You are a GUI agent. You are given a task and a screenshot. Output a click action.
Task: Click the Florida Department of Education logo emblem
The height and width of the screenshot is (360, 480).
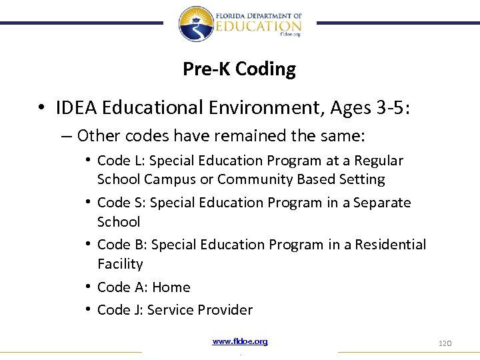(195, 23)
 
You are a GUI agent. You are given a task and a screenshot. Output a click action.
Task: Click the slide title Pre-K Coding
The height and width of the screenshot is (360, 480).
(239, 69)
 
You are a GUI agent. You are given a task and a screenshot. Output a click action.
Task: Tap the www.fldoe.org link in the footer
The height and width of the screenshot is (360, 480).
(240, 341)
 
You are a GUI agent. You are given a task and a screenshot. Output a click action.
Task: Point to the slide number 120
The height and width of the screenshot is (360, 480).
(445, 343)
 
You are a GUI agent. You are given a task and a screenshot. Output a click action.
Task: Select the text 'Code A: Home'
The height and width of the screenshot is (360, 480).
(143, 287)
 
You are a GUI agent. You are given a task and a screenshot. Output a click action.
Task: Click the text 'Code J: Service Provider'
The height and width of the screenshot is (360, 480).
(175, 310)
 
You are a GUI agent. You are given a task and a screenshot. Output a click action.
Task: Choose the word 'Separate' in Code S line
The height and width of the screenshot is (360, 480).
(382, 203)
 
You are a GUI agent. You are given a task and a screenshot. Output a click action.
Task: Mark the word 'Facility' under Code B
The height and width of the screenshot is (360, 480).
(120, 264)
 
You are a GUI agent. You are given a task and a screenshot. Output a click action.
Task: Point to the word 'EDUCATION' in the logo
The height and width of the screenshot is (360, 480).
(258, 26)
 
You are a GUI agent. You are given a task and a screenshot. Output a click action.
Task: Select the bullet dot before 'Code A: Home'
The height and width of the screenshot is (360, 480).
(88, 287)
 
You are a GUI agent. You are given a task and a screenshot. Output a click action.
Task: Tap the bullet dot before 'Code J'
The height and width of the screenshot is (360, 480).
(88, 310)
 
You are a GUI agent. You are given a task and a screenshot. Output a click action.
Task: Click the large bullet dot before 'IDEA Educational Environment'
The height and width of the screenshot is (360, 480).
(41, 108)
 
